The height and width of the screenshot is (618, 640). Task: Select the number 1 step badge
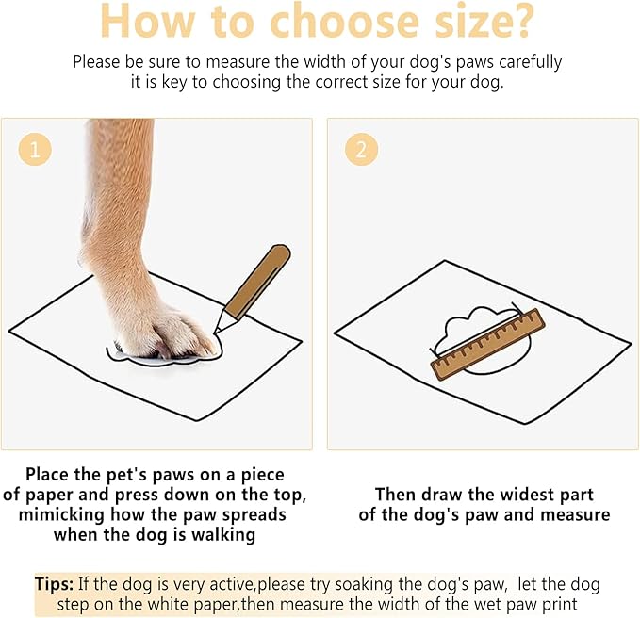35,149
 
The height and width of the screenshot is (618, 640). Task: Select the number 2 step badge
361,149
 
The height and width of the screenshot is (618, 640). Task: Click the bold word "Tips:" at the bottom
55,584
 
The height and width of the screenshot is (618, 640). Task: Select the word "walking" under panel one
215,535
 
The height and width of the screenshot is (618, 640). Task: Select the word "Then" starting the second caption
396,494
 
